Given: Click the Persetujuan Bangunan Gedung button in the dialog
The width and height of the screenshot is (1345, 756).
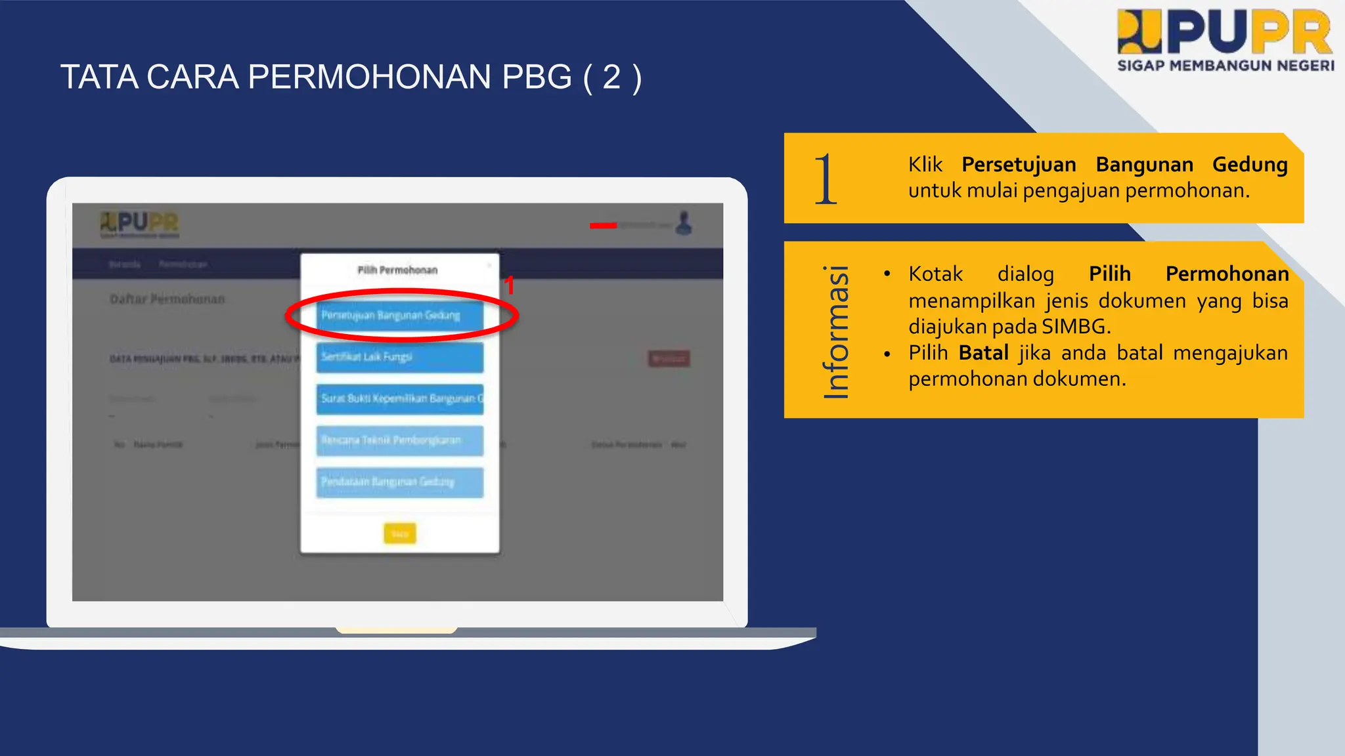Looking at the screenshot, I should [x=399, y=316].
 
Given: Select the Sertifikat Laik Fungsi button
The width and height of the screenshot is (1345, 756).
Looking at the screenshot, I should [x=399, y=357].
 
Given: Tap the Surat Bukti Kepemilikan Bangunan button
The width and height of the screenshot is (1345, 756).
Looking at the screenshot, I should [x=399, y=399].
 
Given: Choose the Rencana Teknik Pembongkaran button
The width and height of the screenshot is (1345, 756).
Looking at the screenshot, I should [x=399, y=440].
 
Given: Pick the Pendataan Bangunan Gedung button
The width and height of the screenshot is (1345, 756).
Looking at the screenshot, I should [x=399, y=482].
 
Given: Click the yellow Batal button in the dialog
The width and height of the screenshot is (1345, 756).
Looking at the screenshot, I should [x=399, y=534].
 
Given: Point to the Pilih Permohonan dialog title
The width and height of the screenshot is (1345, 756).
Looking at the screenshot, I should [x=397, y=270].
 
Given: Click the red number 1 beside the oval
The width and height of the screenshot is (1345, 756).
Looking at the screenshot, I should [x=509, y=285].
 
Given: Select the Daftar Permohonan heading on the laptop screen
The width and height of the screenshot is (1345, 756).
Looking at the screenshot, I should [x=167, y=299].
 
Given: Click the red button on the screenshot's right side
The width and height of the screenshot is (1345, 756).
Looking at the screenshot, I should [x=669, y=358].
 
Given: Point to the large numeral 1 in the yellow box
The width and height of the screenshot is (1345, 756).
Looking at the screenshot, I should [x=825, y=178].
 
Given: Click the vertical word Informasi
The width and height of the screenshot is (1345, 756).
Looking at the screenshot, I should [x=836, y=331].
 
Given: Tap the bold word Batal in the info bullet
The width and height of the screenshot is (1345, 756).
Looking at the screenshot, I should [x=983, y=353].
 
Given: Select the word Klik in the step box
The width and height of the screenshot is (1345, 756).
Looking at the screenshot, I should [x=925, y=164].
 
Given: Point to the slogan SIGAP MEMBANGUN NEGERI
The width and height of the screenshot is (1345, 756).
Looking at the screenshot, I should [x=1225, y=66].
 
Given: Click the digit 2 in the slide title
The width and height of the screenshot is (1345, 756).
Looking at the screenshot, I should [x=611, y=77].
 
